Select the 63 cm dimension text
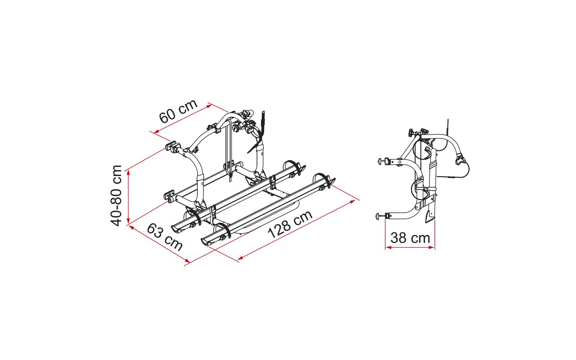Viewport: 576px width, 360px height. click(165, 237)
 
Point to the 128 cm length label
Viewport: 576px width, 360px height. click(290, 224)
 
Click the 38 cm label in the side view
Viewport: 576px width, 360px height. click(410, 238)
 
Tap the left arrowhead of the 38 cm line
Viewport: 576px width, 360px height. click(388, 247)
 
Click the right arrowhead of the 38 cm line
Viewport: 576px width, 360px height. click(432, 247)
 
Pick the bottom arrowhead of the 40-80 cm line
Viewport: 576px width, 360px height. click(128, 221)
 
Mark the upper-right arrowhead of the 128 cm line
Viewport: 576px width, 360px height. click(352, 202)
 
